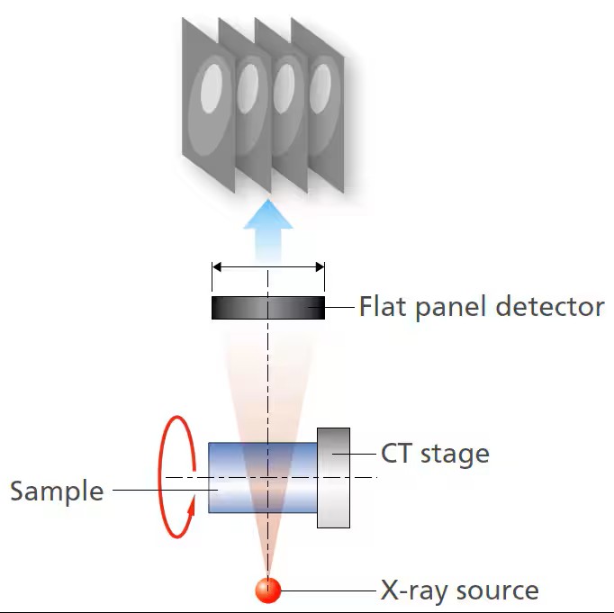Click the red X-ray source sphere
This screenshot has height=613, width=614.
click(267, 590)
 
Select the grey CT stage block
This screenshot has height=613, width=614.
click(333, 477)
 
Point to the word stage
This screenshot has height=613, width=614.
click(456, 454)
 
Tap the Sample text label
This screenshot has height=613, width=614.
click(57, 491)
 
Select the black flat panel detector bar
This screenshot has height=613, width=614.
click(267, 308)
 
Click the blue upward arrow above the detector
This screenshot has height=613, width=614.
click(267, 230)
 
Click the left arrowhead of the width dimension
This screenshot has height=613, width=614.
click(217, 266)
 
